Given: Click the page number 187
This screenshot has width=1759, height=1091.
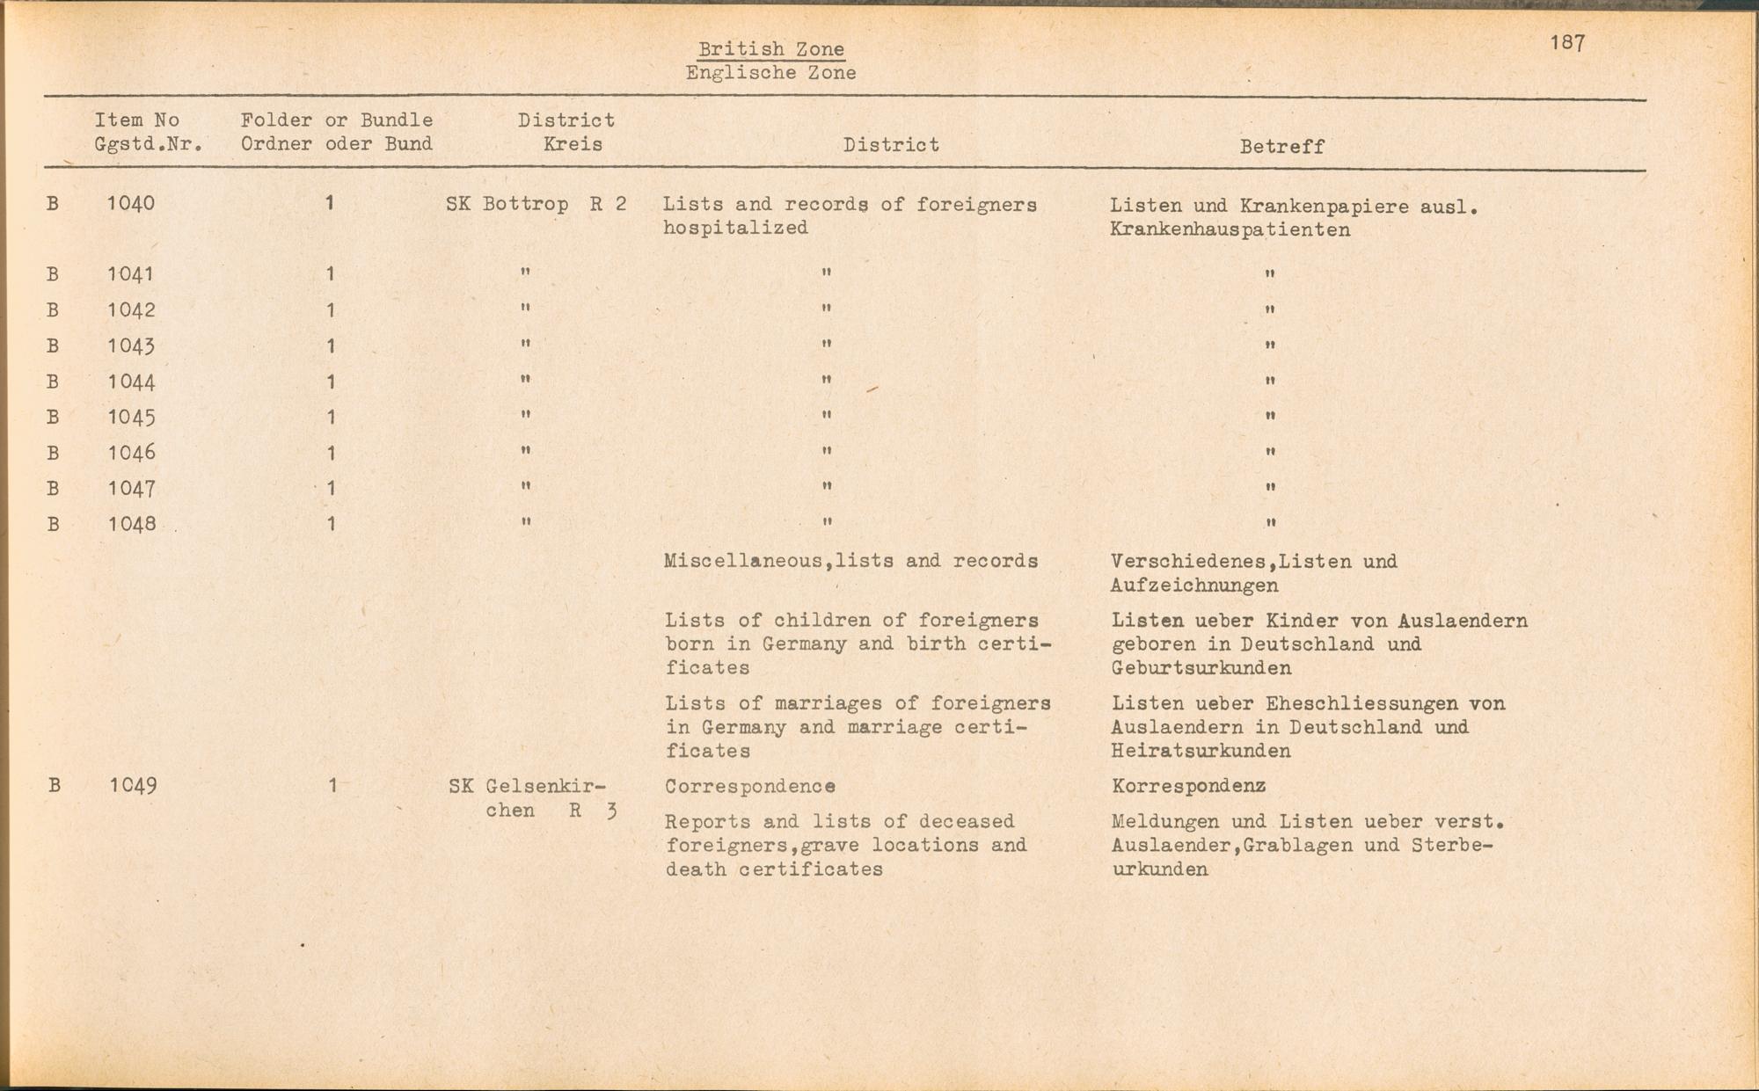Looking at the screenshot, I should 1567,43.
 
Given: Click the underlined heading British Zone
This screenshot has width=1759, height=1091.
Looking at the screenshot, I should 771,49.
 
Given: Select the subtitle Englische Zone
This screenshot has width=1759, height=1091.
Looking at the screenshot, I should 771,73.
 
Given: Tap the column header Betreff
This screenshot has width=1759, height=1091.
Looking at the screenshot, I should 1281,147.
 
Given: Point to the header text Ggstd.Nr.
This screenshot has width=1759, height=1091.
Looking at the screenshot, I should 149,144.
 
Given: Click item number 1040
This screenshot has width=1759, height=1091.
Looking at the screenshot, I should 131,204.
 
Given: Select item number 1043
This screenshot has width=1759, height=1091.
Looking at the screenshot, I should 131,346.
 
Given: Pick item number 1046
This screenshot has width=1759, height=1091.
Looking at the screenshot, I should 131,453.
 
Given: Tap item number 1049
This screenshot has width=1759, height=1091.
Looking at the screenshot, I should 133,785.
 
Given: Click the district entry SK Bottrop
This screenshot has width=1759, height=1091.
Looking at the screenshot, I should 507,205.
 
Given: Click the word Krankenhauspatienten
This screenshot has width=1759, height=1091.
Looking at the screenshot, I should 1230,230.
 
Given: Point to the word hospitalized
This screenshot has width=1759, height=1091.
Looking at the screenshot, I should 735,228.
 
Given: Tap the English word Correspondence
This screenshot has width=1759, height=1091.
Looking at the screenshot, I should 749,786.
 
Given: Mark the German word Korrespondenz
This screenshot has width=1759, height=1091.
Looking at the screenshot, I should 1188,786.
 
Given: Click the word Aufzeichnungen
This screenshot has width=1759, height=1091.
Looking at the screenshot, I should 1193,586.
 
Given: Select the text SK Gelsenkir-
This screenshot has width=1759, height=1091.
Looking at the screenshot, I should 527,786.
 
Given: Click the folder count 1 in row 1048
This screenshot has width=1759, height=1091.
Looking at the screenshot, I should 331,525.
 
